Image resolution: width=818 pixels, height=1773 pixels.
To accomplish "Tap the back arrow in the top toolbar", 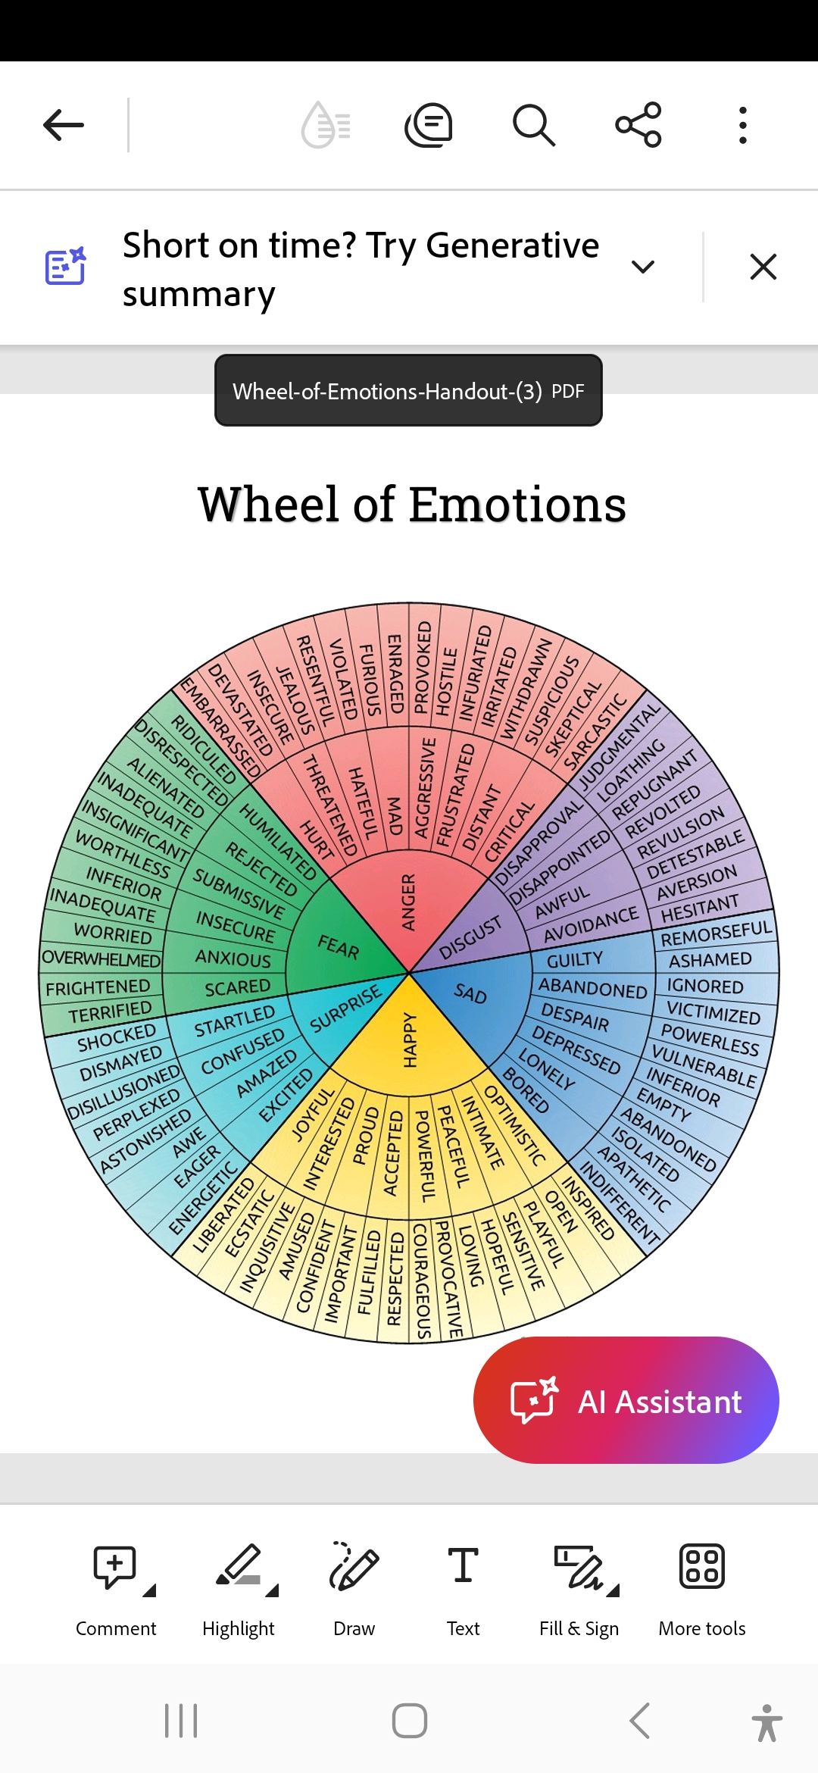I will (x=64, y=125).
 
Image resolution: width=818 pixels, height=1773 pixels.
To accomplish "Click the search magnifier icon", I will (x=534, y=125).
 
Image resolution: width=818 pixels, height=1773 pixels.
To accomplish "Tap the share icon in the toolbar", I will (x=638, y=125).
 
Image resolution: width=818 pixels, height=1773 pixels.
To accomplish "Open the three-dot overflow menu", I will (x=742, y=125).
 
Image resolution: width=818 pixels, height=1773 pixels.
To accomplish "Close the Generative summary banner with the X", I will (x=763, y=267).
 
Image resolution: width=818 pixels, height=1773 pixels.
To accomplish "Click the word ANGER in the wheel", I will (x=409, y=902).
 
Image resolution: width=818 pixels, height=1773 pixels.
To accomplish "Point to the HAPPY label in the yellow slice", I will (x=410, y=1040).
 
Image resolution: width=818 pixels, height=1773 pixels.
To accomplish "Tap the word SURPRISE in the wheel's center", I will (x=346, y=1008).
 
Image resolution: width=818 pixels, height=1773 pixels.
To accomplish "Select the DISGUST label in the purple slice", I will (x=470, y=937).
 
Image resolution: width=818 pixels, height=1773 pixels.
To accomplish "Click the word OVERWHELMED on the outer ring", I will (x=101, y=958).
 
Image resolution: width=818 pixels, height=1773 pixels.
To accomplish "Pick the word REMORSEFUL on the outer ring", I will (x=716, y=934).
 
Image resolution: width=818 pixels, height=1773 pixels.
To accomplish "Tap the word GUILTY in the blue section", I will (x=575, y=960).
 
